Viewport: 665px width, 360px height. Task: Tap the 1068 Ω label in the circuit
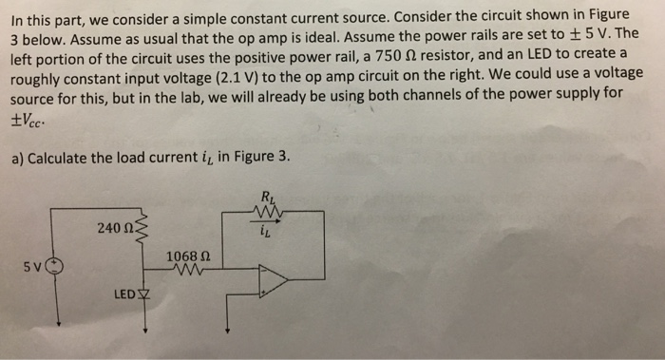186,256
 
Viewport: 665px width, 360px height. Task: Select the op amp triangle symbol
274,277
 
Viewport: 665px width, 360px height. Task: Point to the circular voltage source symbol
55,269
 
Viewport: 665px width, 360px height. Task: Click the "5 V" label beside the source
32,269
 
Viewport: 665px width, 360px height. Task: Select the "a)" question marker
17,158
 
